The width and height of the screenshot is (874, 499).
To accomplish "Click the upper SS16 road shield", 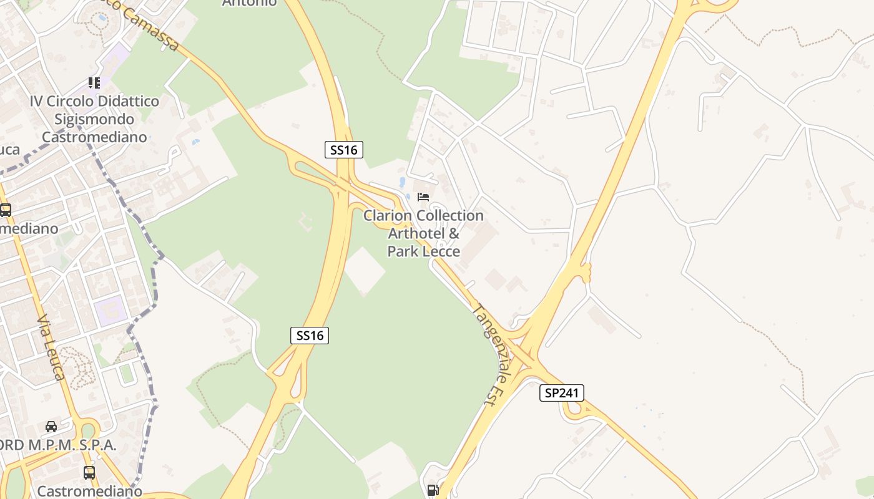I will click(x=343, y=150).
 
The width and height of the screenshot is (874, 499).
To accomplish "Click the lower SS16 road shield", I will click(x=310, y=336).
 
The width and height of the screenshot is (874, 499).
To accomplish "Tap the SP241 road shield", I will click(x=562, y=393).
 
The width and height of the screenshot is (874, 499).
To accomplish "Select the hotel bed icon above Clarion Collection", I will click(x=423, y=197).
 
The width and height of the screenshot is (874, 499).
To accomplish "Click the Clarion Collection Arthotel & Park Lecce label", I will click(x=423, y=233).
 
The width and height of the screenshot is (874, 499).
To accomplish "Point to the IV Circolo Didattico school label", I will click(x=94, y=119).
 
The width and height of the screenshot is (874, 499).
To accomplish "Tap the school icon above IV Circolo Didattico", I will click(x=94, y=82).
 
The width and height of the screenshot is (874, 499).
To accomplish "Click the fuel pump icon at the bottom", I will click(x=432, y=490).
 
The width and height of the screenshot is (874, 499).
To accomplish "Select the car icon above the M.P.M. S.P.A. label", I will click(x=51, y=427).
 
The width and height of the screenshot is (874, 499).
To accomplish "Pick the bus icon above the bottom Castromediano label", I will click(x=89, y=472).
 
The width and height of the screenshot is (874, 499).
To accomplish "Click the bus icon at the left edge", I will click(x=6, y=210).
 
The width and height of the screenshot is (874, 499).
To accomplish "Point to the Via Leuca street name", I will click(x=51, y=348).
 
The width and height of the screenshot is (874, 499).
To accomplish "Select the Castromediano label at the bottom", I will click(x=89, y=491).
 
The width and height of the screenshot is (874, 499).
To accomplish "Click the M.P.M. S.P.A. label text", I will click(x=59, y=445).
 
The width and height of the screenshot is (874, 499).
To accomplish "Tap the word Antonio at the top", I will click(x=250, y=3).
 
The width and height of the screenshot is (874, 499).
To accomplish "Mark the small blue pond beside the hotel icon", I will click(x=401, y=183).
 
